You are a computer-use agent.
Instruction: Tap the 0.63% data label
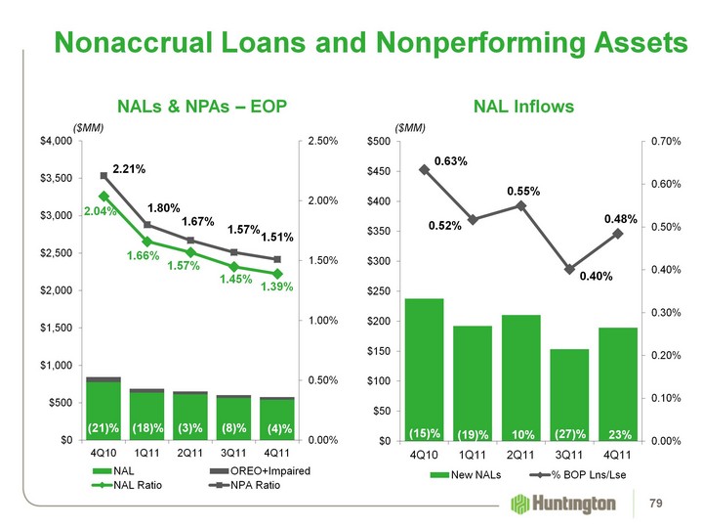pos(451,159)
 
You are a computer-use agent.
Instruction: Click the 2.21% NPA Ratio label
pos(129,169)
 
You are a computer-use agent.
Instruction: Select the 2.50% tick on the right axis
pos(321,142)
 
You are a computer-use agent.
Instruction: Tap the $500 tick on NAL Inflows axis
pos(376,142)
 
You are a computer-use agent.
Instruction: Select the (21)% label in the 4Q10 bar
pos(103,428)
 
